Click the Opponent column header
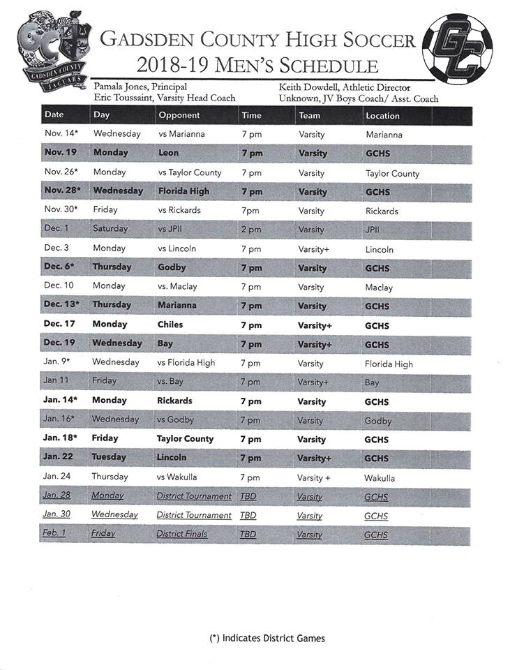(x=179, y=115)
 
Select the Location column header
(x=383, y=116)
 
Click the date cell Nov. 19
(x=61, y=153)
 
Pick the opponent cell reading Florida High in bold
(x=183, y=191)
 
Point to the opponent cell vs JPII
(x=172, y=229)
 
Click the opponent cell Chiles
(x=170, y=325)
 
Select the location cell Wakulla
(x=380, y=478)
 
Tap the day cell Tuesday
(x=109, y=458)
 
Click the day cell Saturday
(x=111, y=229)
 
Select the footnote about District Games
(x=267, y=638)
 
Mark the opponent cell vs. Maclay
(x=178, y=287)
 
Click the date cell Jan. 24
(x=59, y=477)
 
